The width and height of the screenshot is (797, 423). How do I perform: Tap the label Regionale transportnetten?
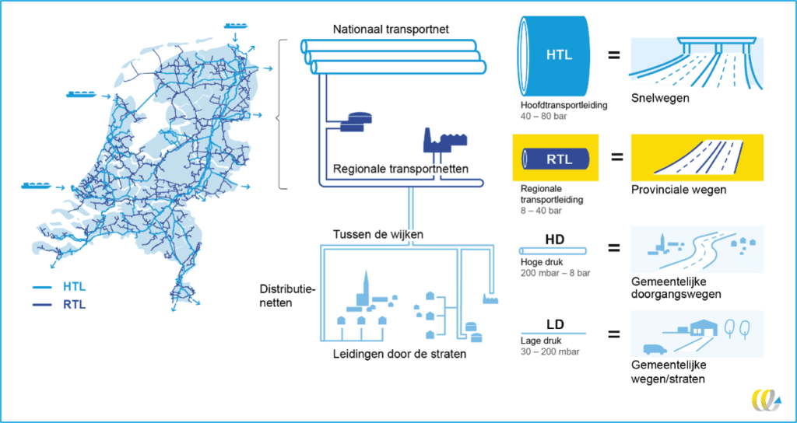[401, 169]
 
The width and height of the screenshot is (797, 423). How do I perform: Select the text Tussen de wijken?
[378, 235]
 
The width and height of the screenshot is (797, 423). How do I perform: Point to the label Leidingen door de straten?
[399, 354]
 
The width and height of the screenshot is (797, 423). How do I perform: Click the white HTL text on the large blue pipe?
[559, 55]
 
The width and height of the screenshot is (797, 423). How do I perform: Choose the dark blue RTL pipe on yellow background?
[556, 159]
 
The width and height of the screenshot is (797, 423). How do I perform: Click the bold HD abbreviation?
[553, 238]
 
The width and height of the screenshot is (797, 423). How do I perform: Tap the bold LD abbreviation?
[553, 323]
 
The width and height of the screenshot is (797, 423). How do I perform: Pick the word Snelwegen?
[660, 97]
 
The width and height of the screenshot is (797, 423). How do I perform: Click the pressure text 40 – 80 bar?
[542, 117]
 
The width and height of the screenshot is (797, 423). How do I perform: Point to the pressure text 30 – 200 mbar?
[550, 351]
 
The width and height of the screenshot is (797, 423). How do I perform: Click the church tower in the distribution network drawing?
[364, 288]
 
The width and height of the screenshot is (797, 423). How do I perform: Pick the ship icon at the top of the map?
[235, 26]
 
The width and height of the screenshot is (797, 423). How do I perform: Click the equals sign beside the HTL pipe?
[615, 54]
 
